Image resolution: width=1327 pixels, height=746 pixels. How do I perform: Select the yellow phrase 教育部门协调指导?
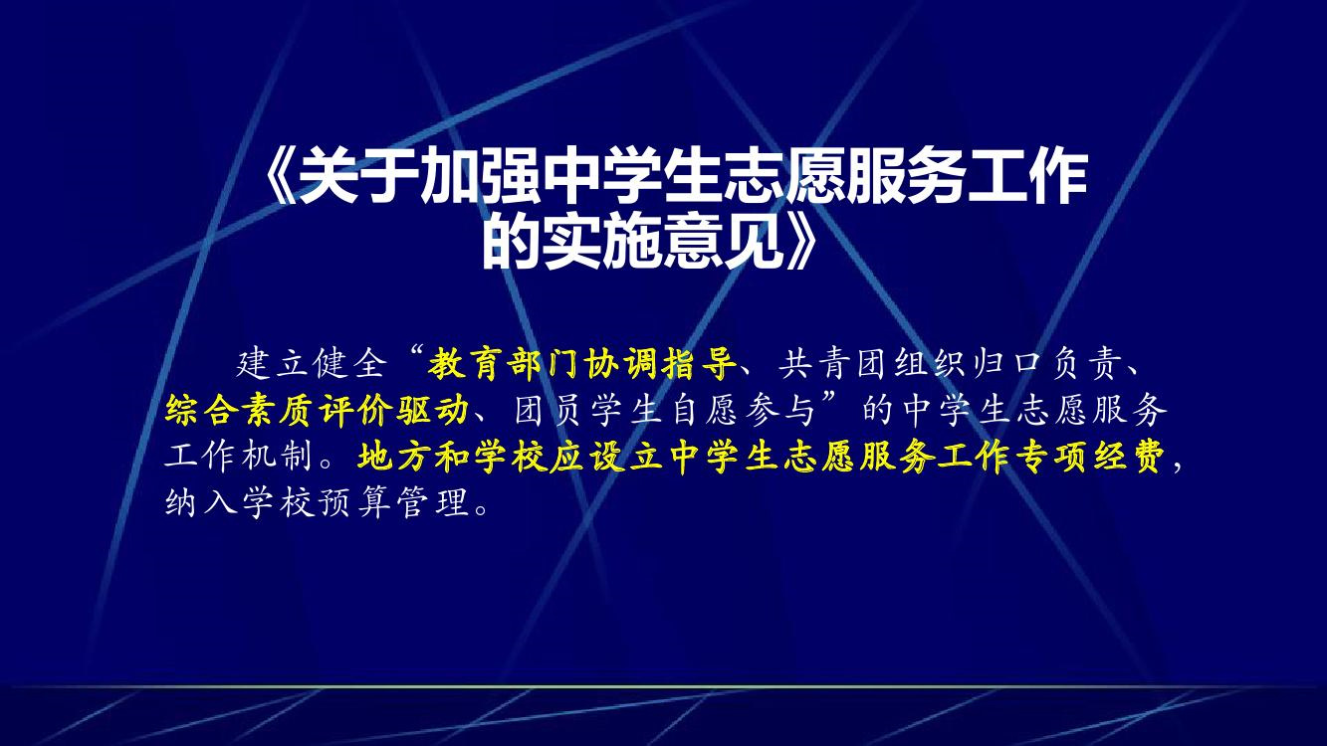point(582,363)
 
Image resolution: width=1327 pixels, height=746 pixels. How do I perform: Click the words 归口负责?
point(1048,363)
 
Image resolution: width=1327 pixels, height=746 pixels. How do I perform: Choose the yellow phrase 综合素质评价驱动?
point(317,410)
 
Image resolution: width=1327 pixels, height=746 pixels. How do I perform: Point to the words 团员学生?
point(589,410)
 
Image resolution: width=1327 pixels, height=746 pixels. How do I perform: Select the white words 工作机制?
point(239,458)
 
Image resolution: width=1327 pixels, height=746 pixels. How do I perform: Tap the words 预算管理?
point(394,503)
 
